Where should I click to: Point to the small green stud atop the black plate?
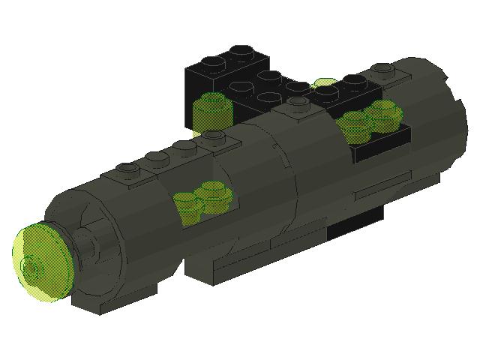[325, 82]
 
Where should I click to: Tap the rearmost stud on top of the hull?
[382, 71]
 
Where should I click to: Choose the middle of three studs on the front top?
[156, 158]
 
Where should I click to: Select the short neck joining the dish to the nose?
[82, 244]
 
